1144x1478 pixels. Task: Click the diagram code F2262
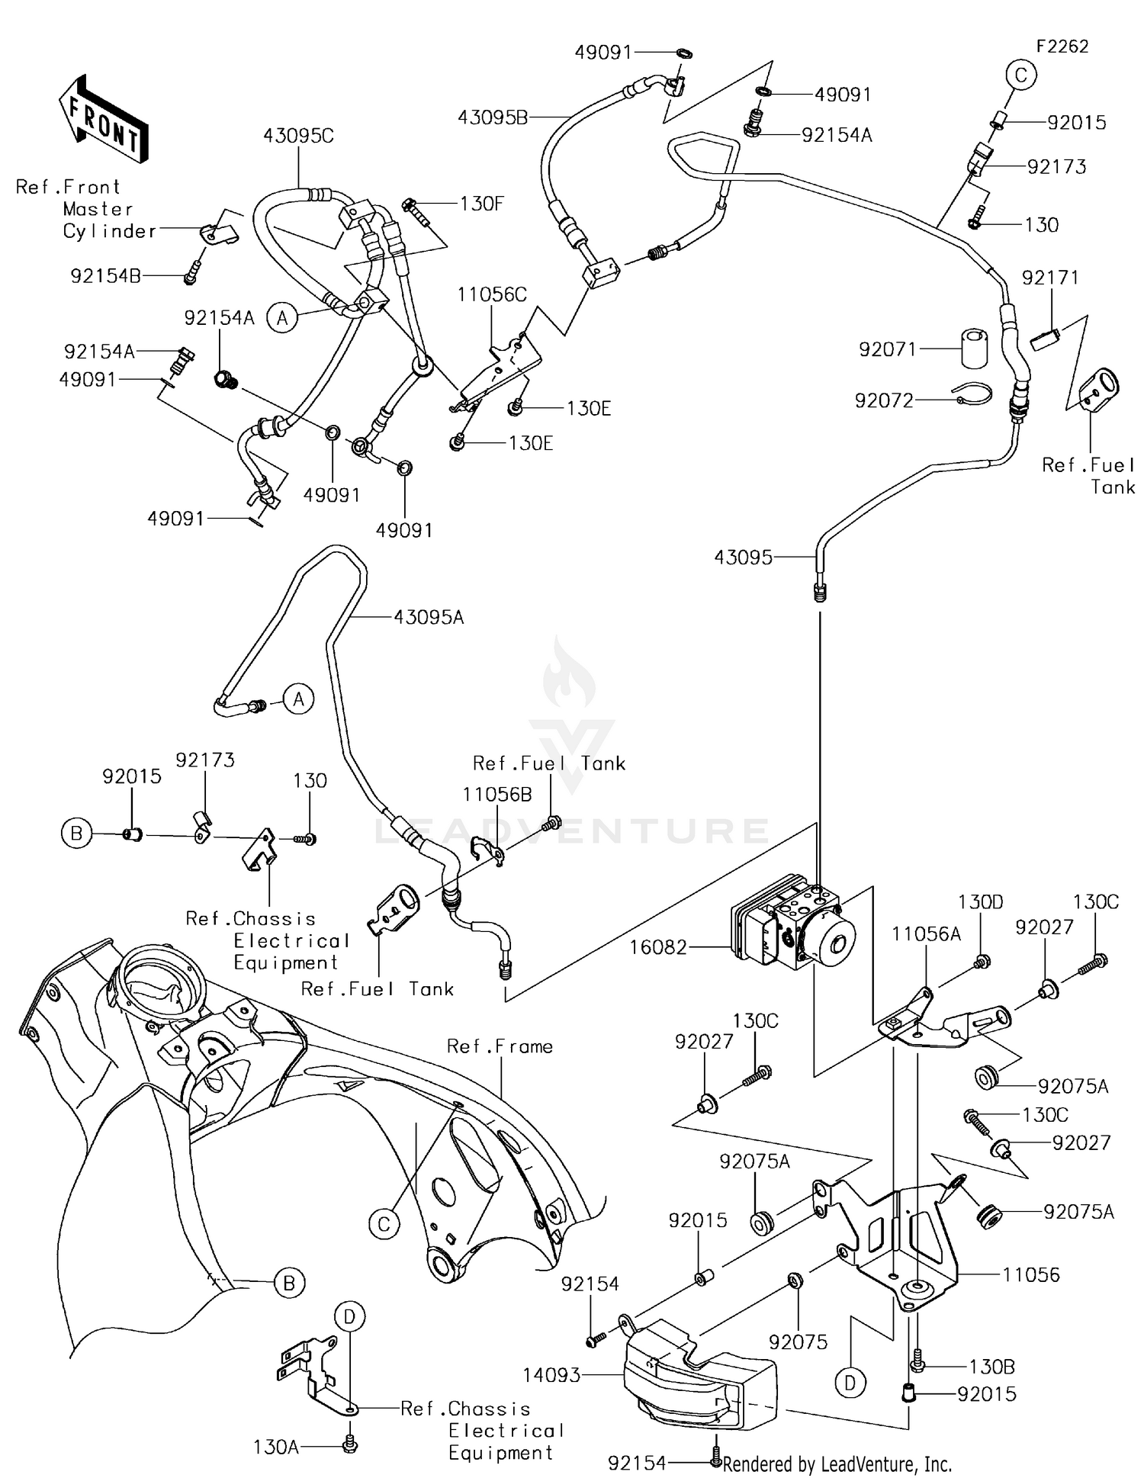[x=1062, y=47]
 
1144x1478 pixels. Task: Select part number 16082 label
[x=658, y=947]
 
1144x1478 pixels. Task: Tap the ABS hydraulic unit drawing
[x=793, y=927]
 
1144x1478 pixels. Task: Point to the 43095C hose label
[x=298, y=136]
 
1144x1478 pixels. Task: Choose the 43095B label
[x=493, y=117]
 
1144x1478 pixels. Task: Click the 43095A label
[x=429, y=617]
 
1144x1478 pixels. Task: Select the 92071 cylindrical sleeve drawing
[x=973, y=350]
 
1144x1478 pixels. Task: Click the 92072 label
[x=884, y=400]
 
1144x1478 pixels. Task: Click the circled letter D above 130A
[x=349, y=1316]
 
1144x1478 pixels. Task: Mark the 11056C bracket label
[x=492, y=294]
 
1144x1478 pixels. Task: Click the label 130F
[x=482, y=204]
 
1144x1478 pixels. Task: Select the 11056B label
[x=497, y=794]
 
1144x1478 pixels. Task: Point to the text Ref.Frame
[x=500, y=1046]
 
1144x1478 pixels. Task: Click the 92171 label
[x=1050, y=278]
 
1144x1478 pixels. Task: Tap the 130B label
[x=992, y=1367]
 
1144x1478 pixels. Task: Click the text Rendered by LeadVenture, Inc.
[x=837, y=1464]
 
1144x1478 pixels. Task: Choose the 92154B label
[x=105, y=276]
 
